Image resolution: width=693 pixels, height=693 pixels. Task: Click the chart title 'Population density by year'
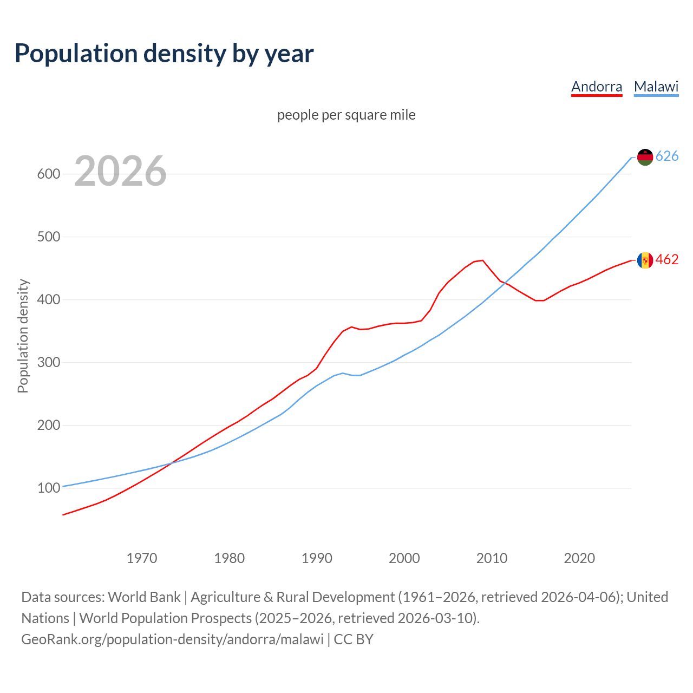164,54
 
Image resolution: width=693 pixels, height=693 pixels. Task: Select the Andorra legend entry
597,87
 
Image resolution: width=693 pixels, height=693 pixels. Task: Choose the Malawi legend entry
656,87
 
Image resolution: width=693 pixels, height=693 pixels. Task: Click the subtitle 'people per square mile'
346,115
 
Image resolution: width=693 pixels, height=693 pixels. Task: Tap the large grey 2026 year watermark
120,171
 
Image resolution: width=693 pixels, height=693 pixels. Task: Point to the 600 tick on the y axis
48,174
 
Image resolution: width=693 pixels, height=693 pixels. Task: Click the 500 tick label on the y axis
48,237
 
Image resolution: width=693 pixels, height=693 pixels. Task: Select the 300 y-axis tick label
48,363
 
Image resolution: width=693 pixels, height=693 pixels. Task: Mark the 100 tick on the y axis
48,488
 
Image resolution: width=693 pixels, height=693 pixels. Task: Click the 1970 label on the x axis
142,558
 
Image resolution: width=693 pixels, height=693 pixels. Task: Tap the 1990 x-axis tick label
317,558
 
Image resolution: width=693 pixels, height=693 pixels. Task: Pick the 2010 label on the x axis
492,558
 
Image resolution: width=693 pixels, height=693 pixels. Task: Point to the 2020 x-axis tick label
579,558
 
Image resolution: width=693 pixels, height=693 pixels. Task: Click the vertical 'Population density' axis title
23,336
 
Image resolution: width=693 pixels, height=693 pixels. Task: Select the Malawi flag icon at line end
645,157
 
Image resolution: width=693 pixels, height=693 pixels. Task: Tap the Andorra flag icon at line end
645,260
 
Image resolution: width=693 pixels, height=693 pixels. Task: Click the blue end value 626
667,156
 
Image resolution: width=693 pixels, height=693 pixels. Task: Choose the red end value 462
667,260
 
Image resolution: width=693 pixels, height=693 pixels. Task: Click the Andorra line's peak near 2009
482,260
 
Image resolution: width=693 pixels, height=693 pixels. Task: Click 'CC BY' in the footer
354,639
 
